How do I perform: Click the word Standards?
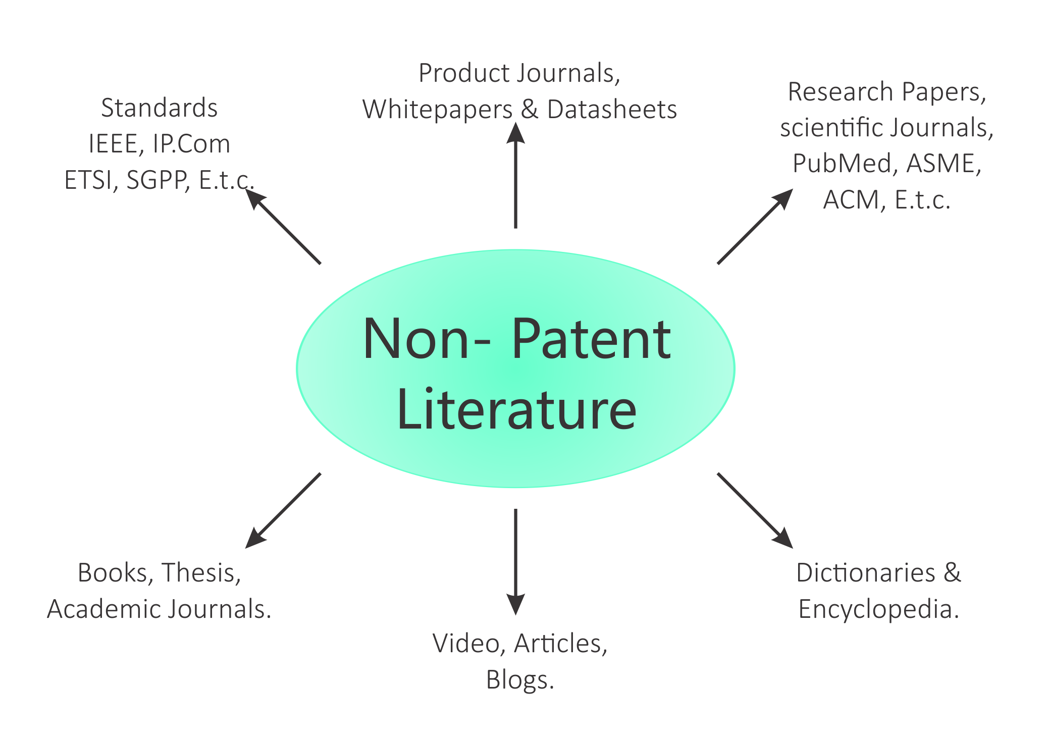pyautogui.click(x=159, y=108)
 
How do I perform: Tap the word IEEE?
pyautogui.click(x=113, y=144)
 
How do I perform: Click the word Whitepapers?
pyautogui.click(x=437, y=110)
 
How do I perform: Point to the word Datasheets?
pyautogui.click(x=612, y=110)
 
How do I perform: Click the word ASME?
pyautogui.click(x=943, y=164)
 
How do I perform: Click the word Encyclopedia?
pyautogui.click(x=878, y=609)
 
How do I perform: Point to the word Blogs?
pyautogui.click(x=519, y=680)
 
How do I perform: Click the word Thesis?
pyautogui.click(x=201, y=573)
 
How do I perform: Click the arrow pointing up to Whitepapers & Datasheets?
pyautogui.click(x=515, y=177)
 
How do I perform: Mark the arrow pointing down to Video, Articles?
pyautogui.click(x=515, y=560)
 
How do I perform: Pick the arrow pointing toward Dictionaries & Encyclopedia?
pyautogui.click(x=754, y=510)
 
